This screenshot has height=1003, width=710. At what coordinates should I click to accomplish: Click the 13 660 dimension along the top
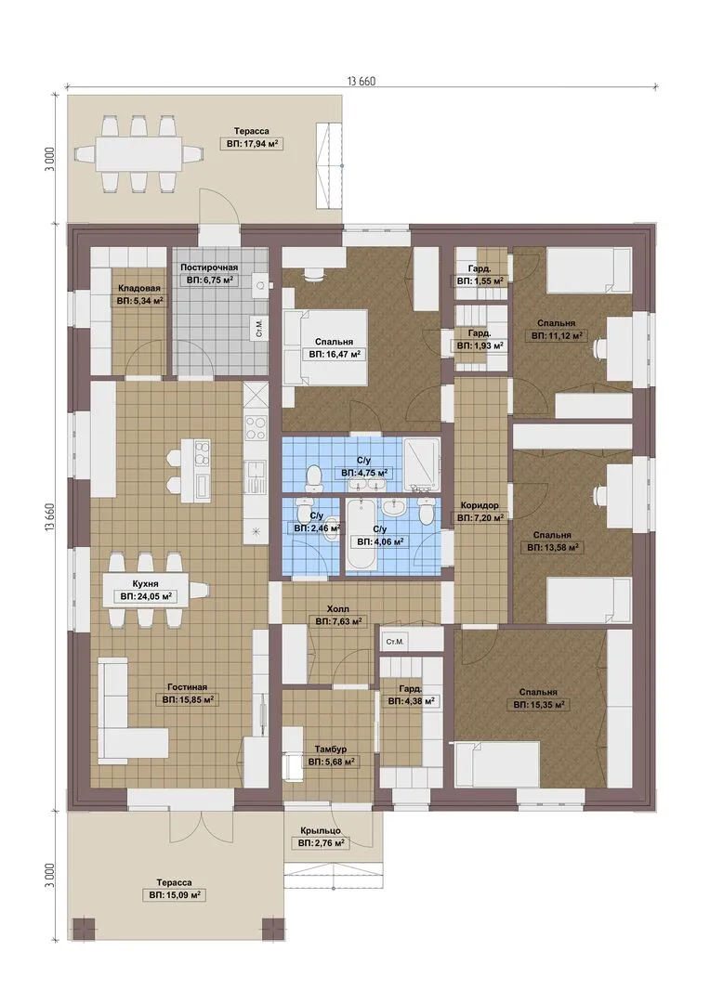pyautogui.click(x=362, y=81)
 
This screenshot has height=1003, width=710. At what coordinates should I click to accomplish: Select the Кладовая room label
pyautogui.click(x=138, y=289)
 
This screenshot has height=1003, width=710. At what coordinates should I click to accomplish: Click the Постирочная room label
pyautogui.click(x=209, y=267)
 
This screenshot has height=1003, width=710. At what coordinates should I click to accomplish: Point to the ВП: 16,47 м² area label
pyautogui.click(x=334, y=354)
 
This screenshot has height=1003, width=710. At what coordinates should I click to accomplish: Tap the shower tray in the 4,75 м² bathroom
pyautogui.click(x=422, y=465)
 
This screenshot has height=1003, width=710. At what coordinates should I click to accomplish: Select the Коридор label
pyautogui.click(x=480, y=505)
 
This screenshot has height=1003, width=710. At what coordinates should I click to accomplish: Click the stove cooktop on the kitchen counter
pyautogui.click(x=256, y=427)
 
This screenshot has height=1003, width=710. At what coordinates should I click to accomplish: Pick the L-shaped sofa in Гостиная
pyautogui.click(x=128, y=710)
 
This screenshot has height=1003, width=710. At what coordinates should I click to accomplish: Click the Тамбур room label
pyautogui.click(x=331, y=749)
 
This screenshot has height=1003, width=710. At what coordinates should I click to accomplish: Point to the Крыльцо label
pyautogui.click(x=320, y=831)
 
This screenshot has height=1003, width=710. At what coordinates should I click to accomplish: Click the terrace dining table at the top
pyautogui.click(x=140, y=153)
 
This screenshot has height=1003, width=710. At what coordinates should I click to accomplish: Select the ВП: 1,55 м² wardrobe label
pyautogui.click(x=480, y=280)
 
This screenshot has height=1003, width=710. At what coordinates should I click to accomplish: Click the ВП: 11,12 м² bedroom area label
pyautogui.click(x=556, y=335)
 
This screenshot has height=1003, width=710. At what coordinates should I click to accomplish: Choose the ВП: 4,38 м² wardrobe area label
pyautogui.click(x=411, y=701)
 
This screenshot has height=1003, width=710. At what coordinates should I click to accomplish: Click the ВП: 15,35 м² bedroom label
pyautogui.click(x=538, y=705)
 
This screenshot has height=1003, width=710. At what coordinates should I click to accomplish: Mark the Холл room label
pyautogui.click(x=338, y=609)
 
